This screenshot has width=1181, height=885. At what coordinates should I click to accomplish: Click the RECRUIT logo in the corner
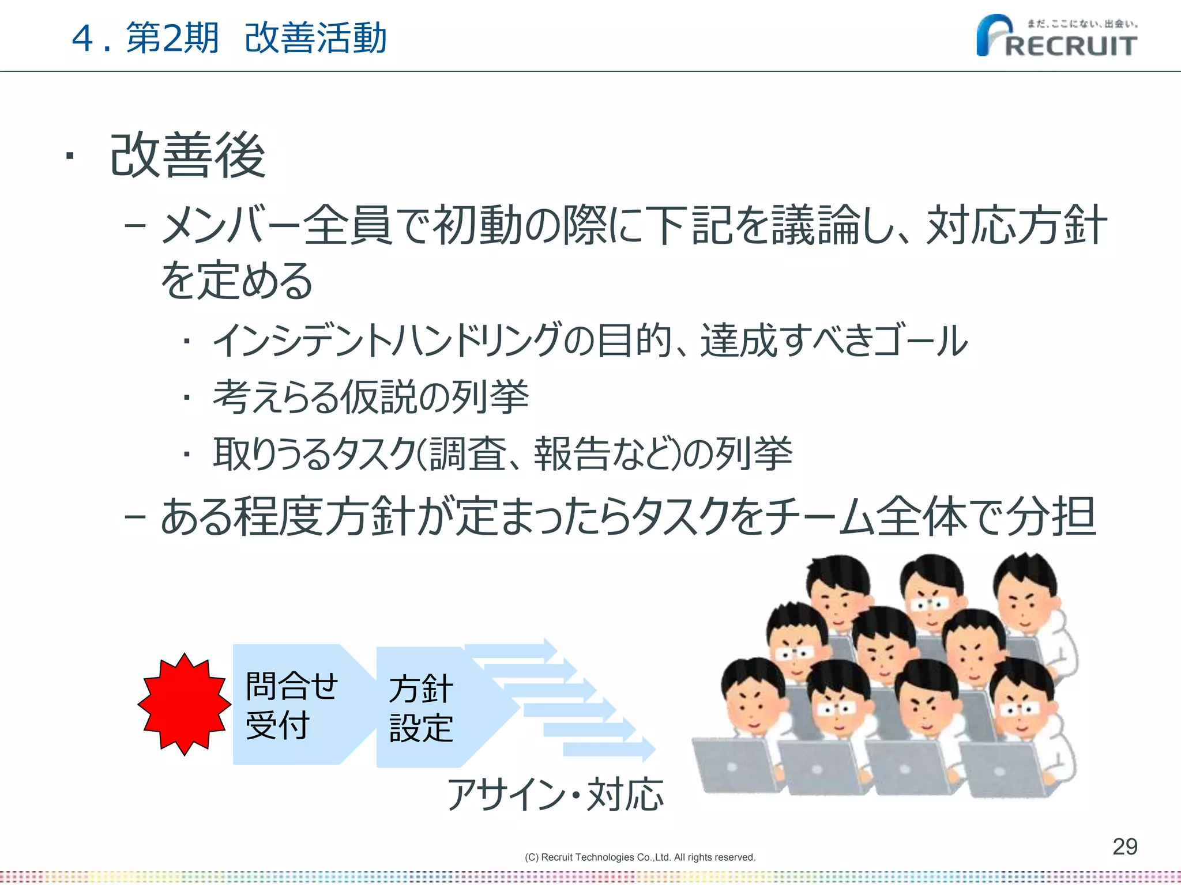[1056, 36]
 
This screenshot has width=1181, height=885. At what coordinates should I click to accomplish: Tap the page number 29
[1124, 846]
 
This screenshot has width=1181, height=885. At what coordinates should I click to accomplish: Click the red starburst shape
[184, 704]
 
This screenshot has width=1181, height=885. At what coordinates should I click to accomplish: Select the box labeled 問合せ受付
[292, 705]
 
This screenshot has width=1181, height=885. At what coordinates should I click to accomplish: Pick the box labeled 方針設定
[422, 708]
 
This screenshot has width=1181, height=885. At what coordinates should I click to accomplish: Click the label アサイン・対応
[555, 794]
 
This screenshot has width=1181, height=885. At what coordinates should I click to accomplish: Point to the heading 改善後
[188, 156]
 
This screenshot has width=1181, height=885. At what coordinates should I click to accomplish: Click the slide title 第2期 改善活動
[256, 38]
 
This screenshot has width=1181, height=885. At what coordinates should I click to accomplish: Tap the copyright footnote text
[640, 857]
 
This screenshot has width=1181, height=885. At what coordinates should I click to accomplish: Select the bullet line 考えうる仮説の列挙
[371, 397]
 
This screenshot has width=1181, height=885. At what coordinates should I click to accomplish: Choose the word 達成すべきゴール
[834, 341]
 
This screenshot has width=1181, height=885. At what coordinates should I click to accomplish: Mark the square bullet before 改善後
[70, 156]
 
